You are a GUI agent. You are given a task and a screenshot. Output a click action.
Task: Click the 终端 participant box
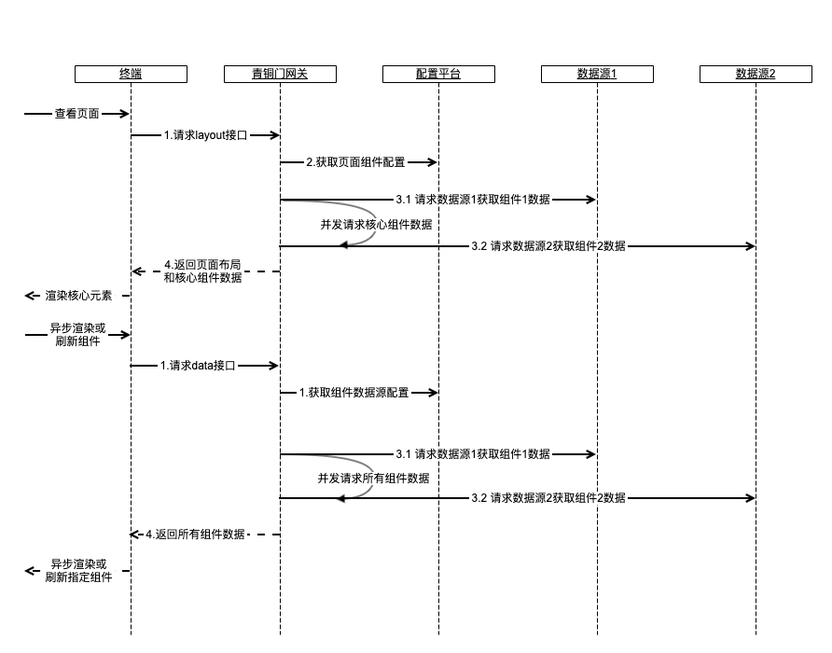click(x=131, y=74)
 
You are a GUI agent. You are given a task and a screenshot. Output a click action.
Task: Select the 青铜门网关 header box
click(x=280, y=74)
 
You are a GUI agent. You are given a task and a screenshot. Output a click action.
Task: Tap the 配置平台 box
click(x=438, y=74)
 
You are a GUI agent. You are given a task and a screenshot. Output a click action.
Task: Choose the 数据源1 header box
click(x=597, y=74)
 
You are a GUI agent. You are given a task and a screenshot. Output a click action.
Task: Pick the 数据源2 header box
click(x=756, y=74)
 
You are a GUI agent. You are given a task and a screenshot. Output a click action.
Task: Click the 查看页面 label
click(x=76, y=114)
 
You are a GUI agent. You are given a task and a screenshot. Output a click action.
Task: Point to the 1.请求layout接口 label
click(x=205, y=135)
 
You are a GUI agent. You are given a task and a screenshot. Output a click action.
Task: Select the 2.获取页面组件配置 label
click(x=355, y=162)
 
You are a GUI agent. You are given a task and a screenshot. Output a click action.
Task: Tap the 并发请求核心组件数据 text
click(x=376, y=224)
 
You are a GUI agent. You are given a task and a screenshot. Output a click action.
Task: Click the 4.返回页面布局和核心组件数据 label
click(x=202, y=271)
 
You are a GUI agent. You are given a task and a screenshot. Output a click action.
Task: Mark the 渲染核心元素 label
click(x=78, y=296)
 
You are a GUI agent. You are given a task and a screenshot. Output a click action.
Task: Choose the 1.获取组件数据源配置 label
click(x=354, y=393)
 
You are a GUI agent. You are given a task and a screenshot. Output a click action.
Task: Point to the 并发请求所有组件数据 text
click(x=373, y=478)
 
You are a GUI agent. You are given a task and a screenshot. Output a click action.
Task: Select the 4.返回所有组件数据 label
click(x=195, y=535)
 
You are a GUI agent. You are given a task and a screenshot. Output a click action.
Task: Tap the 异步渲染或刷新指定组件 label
click(x=78, y=571)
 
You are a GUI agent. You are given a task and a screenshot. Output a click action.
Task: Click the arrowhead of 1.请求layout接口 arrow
click(x=276, y=135)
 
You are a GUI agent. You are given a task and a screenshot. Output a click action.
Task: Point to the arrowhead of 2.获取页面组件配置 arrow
click(x=434, y=162)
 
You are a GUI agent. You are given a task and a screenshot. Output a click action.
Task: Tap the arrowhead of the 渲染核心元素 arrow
click(x=29, y=296)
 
